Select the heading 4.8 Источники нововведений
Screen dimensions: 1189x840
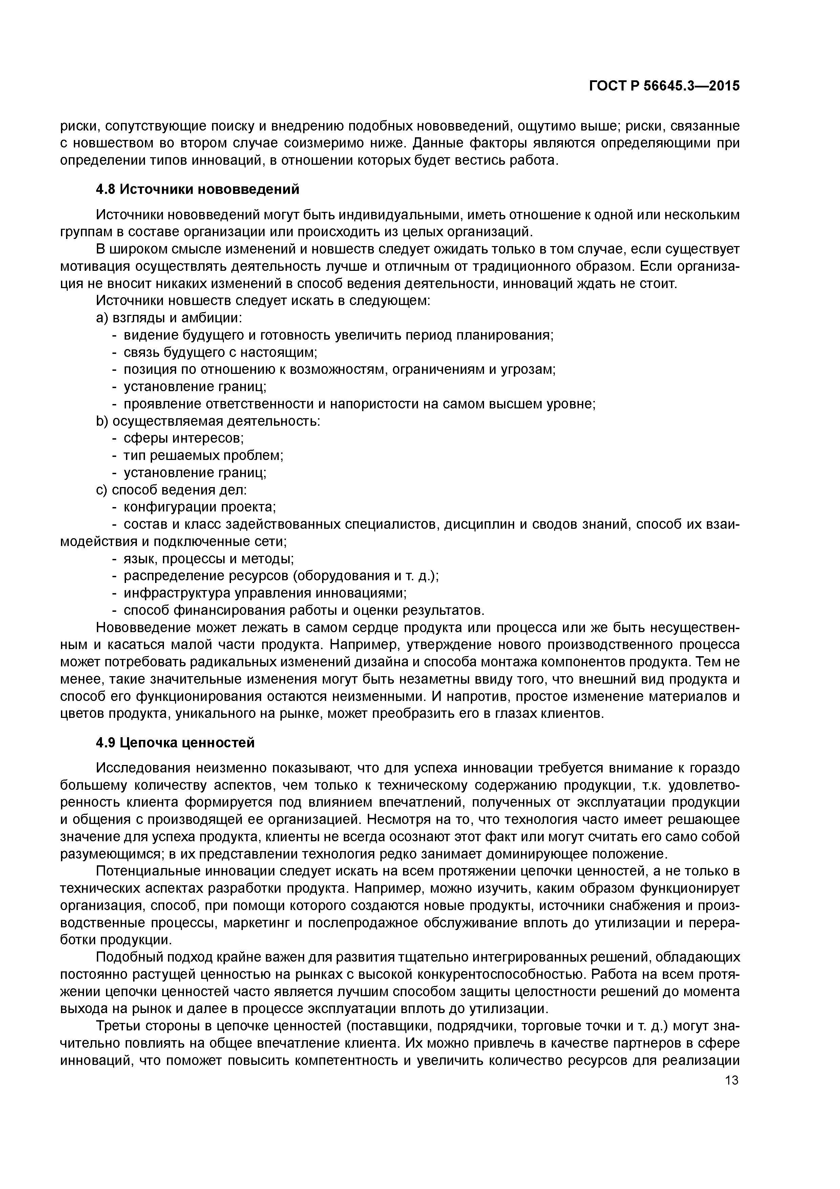tap(198, 189)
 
